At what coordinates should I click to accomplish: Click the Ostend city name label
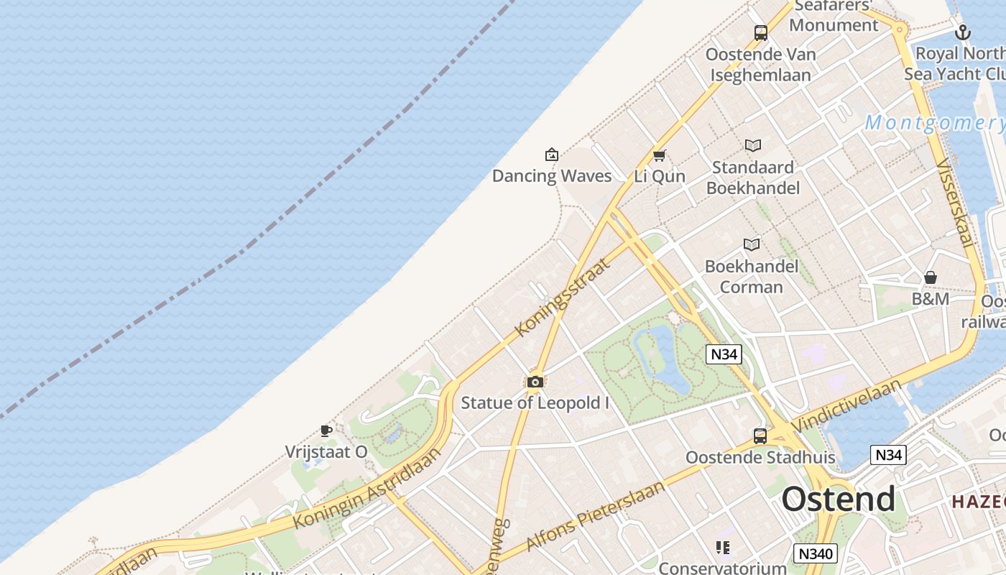pyautogui.click(x=839, y=499)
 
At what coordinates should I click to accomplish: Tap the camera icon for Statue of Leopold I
pyautogui.click(x=535, y=382)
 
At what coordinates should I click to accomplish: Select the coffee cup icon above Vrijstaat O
pyautogui.click(x=326, y=431)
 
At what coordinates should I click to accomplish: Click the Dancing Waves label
pyautogui.click(x=552, y=176)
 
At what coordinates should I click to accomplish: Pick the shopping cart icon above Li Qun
pyautogui.click(x=659, y=155)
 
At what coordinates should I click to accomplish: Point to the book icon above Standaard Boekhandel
pyautogui.click(x=752, y=146)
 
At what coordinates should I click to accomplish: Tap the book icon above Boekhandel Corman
pyautogui.click(x=752, y=245)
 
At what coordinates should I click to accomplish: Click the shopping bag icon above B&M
pyautogui.click(x=931, y=277)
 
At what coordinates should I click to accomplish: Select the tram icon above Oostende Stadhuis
pyautogui.click(x=760, y=436)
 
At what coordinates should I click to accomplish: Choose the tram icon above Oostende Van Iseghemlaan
pyautogui.click(x=760, y=32)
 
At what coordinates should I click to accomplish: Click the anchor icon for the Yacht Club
pyautogui.click(x=963, y=32)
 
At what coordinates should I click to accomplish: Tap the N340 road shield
pyautogui.click(x=816, y=553)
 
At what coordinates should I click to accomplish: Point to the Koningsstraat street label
pyautogui.click(x=563, y=298)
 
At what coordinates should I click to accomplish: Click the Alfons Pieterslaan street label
pyautogui.click(x=596, y=515)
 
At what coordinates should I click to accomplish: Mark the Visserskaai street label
pyautogui.click(x=955, y=203)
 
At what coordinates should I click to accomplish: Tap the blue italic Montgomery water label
pyautogui.click(x=934, y=123)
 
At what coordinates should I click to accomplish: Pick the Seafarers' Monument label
pyautogui.click(x=834, y=16)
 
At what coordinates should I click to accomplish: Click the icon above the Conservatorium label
pyautogui.click(x=723, y=548)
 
